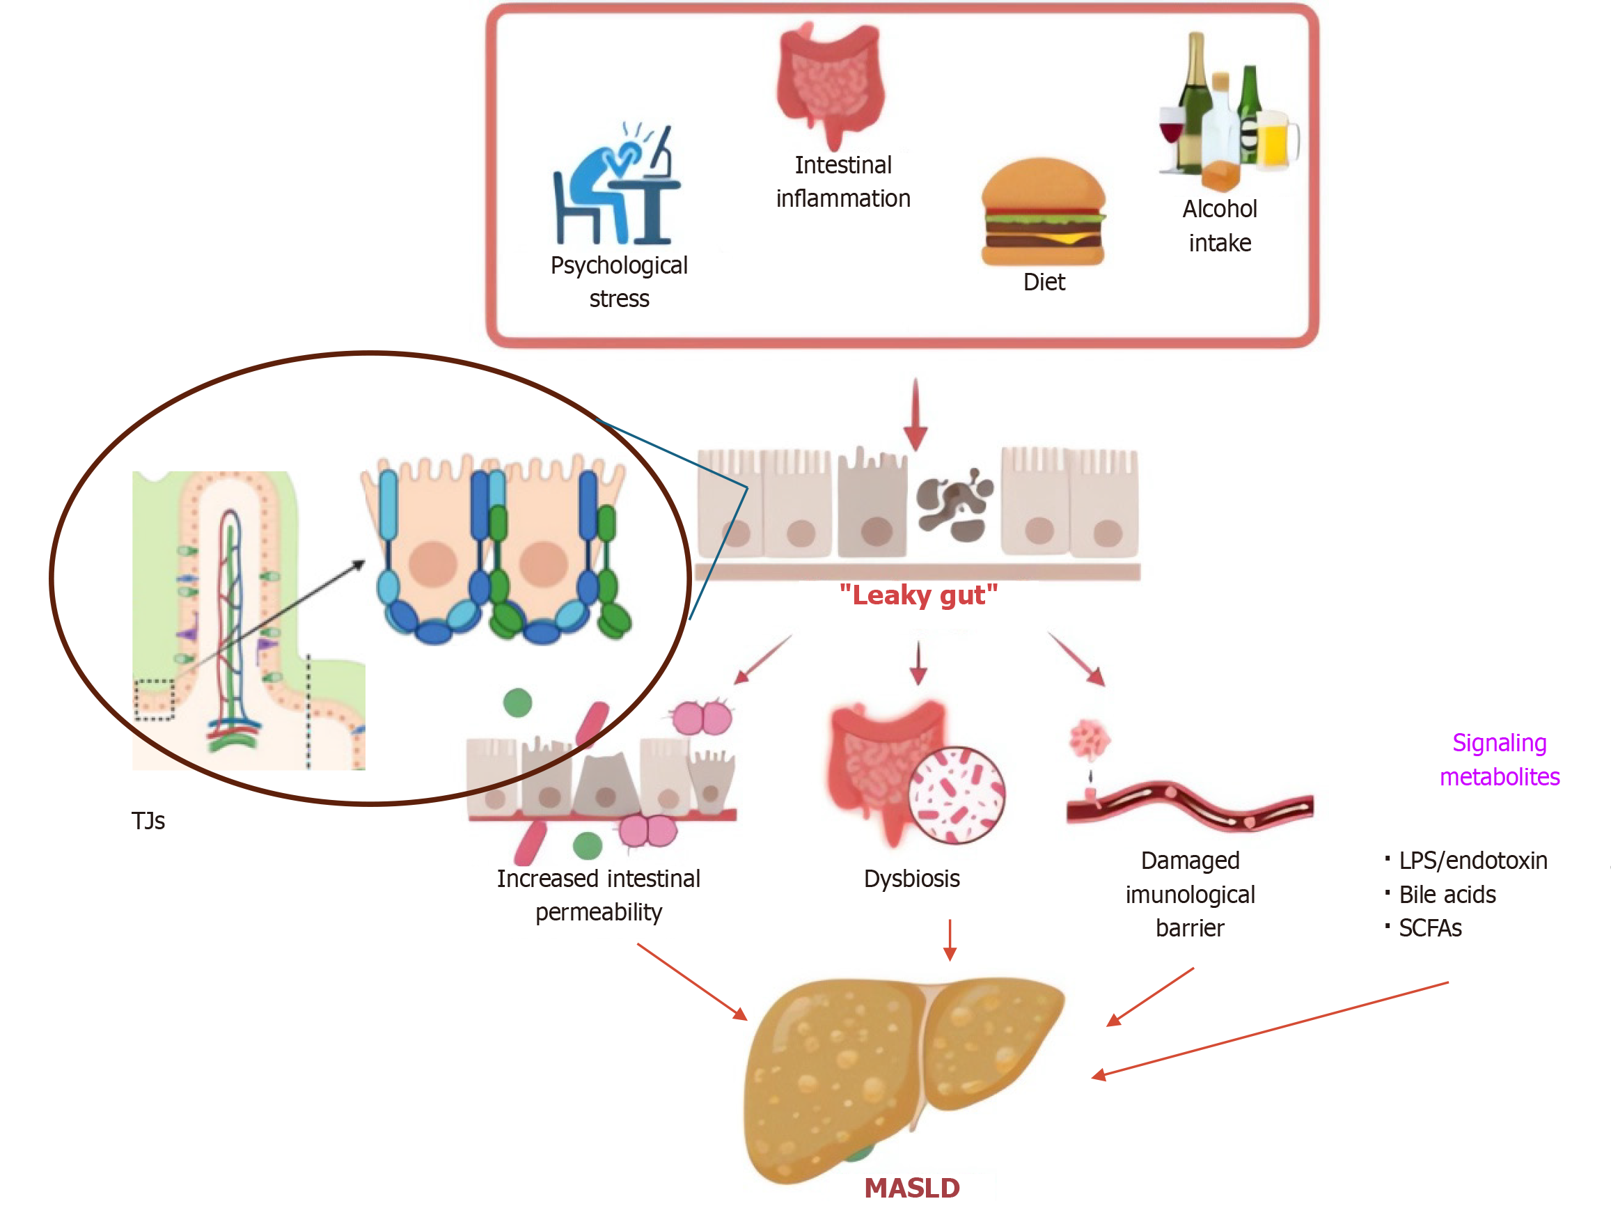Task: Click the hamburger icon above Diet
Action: point(1043,212)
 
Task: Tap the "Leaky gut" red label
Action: point(918,595)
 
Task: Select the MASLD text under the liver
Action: point(912,1188)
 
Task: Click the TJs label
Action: point(148,821)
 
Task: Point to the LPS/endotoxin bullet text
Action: point(1472,861)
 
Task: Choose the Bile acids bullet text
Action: point(1447,894)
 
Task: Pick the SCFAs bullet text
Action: point(1430,927)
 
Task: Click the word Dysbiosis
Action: point(911,878)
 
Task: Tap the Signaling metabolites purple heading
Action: point(1499,760)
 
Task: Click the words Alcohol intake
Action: point(1219,226)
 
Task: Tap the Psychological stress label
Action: point(618,282)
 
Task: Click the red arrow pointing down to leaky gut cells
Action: point(915,414)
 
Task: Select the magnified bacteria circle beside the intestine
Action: point(957,794)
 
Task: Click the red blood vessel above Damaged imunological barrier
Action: point(1190,806)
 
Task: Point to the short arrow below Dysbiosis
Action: point(950,939)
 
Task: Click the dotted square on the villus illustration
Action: point(155,699)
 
